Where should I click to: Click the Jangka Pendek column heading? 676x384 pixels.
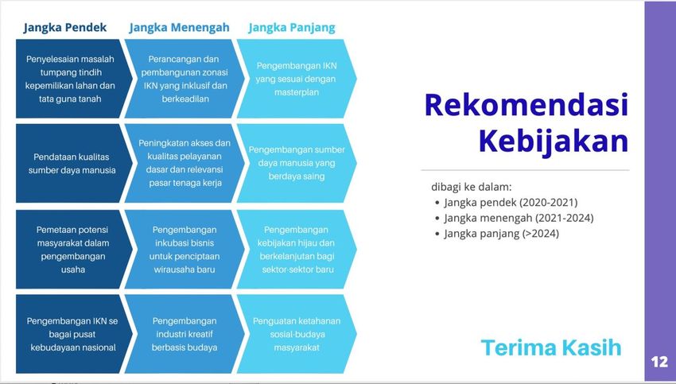[65, 28]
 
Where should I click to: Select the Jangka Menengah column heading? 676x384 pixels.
[180, 28]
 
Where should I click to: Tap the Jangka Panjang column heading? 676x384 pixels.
[292, 28]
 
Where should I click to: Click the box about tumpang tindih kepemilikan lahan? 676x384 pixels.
[71, 79]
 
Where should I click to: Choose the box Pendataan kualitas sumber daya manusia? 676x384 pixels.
[71, 163]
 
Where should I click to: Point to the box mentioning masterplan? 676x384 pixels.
[297, 79]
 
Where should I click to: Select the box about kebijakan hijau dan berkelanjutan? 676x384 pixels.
[297, 250]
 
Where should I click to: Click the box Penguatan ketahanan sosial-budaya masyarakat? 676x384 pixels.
[297, 334]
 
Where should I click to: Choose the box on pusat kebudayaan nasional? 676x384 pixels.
[71, 334]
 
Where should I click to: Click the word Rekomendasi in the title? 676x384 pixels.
[526, 105]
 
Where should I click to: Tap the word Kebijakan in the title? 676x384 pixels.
[554, 142]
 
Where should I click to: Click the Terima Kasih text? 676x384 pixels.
[551, 347]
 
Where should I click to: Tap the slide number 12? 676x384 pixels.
[659, 362]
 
